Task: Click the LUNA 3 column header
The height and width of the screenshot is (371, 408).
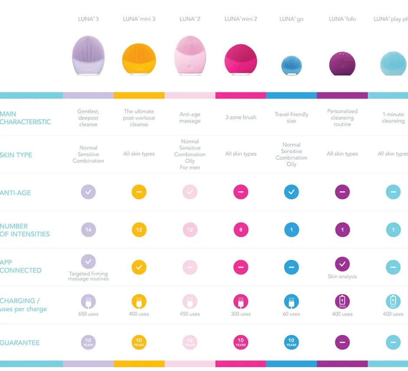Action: click(88, 19)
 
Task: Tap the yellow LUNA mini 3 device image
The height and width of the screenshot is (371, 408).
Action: click(139, 60)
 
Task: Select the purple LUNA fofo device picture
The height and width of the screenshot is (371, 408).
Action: click(342, 63)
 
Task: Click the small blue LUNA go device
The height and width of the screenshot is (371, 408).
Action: click(291, 65)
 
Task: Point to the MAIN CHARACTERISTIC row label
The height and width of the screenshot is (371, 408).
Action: click(25, 118)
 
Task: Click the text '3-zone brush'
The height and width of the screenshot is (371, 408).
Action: click(240, 117)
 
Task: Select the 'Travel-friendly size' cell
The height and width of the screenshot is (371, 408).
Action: click(291, 118)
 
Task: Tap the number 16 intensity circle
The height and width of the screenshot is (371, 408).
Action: click(88, 230)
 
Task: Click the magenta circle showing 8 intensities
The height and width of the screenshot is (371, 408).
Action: click(240, 230)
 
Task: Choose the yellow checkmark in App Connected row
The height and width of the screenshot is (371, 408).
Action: click(139, 267)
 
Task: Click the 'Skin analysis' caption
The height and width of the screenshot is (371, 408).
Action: click(342, 276)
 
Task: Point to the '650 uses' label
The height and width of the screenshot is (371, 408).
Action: click(88, 314)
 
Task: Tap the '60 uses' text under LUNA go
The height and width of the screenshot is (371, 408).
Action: click(291, 314)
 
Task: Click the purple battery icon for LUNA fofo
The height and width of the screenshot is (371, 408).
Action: click(342, 301)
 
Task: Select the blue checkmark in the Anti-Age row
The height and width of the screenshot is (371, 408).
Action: click(291, 192)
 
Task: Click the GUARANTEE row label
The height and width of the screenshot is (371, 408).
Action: click(20, 342)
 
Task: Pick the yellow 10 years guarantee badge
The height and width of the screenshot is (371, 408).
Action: click(139, 342)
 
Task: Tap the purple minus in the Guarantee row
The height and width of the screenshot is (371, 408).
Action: click(342, 342)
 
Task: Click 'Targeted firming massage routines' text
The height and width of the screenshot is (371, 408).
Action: click(88, 276)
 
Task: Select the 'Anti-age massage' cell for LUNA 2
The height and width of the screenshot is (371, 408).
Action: click(190, 118)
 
